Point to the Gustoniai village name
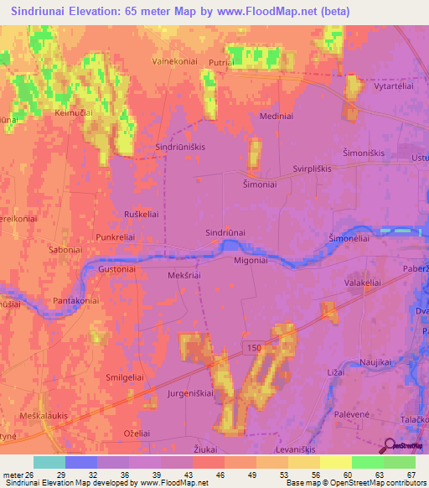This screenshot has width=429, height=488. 116,271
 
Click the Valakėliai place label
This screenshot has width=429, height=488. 363,283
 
